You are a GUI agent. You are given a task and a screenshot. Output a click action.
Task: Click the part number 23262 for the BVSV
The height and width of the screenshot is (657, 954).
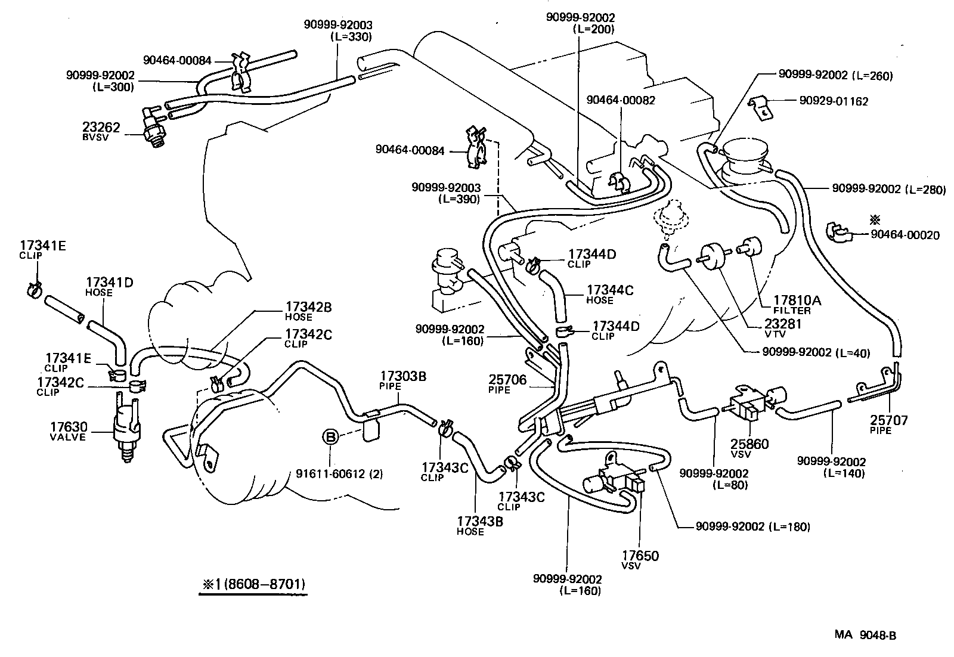(101, 128)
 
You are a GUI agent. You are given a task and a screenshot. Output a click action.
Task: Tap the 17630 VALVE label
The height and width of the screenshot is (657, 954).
(69, 427)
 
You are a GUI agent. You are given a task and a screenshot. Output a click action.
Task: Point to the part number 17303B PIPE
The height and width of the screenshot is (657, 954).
(403, 377)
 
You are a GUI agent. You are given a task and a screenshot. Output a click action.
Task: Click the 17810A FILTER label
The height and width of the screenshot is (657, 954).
(797, 300)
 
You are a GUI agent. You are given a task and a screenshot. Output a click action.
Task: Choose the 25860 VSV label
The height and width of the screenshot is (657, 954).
(749, 444)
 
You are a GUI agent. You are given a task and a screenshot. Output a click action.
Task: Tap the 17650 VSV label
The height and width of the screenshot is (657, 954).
(639, 556)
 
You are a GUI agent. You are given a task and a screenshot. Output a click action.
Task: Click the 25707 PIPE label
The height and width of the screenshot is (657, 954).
(888, 421)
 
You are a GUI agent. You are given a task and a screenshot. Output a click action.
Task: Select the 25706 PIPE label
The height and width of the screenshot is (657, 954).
(508, 380)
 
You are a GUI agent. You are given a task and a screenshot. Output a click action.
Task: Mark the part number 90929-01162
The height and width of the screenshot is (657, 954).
(834, 101)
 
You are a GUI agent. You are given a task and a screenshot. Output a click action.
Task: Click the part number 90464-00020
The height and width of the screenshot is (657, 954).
(905, 235)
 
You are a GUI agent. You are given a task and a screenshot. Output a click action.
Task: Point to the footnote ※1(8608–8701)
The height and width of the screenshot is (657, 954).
(253, 583)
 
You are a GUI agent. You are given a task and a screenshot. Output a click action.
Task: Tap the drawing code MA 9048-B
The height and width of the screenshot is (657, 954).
(865, 635)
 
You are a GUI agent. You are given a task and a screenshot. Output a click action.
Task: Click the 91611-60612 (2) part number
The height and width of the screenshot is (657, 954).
(339, 475)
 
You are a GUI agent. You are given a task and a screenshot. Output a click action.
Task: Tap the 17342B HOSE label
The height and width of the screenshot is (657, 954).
(308, 308)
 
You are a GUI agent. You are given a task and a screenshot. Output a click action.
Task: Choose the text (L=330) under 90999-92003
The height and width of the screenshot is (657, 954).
(351, 37)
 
